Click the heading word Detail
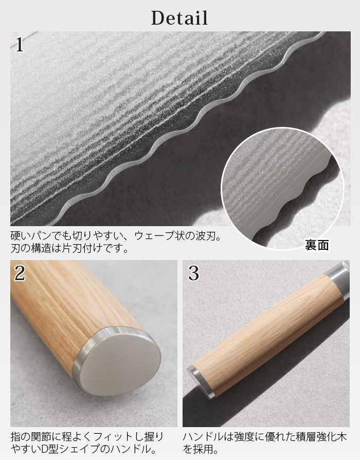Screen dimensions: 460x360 (179, 17)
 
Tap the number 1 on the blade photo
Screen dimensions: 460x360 (20, 45)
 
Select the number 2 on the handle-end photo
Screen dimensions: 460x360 (20, 273)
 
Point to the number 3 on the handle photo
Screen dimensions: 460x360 (193, 273)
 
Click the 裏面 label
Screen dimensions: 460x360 (317, 245)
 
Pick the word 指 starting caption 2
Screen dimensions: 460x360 (15, 437)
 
